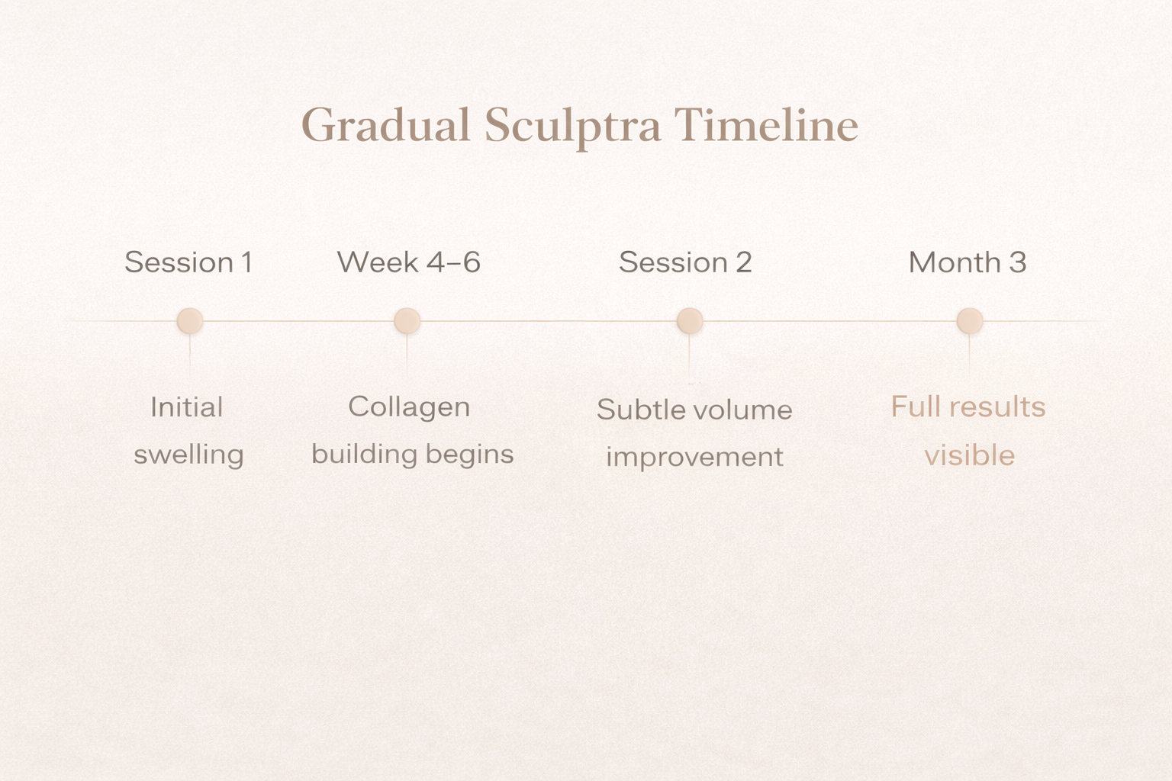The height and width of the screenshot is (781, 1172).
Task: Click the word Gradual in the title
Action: tap(386, 125)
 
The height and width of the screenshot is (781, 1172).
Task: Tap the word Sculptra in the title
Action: tap(572, 125)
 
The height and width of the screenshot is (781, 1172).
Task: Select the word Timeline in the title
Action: tap(766, 125)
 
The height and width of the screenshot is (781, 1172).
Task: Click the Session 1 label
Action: tap(188, 262)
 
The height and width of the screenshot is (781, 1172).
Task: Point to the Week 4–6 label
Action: tap(409, 262)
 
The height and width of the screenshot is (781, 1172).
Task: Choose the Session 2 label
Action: tap(685, 262)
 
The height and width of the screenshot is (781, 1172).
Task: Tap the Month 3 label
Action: tap(967, 262)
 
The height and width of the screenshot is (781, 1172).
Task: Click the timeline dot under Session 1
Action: tap(190, 321)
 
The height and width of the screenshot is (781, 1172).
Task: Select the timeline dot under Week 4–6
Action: tap(407, 321)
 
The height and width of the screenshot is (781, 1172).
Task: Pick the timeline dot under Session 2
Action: tap(690, 321)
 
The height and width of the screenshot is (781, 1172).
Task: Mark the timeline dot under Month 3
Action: tap(970, 321)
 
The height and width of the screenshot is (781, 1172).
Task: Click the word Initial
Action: tap(187, 407)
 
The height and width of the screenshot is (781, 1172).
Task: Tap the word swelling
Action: tap(188, 455)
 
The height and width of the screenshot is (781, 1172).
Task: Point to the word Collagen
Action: tap(409, 407)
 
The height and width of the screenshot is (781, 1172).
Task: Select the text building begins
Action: tap(412, 455)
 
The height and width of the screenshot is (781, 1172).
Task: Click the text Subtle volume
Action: tap(694, 410)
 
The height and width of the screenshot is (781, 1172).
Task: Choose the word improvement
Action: tap(694, 458)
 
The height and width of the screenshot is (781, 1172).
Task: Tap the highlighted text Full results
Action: tap(968, 407)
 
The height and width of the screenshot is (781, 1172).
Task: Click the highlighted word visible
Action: tap(970, 456)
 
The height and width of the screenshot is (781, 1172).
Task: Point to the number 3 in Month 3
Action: tap(1018, 262)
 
